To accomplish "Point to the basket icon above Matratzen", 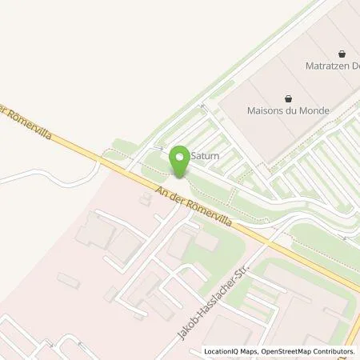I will click(342, 50).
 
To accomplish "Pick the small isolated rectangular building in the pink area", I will click(68, 280).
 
